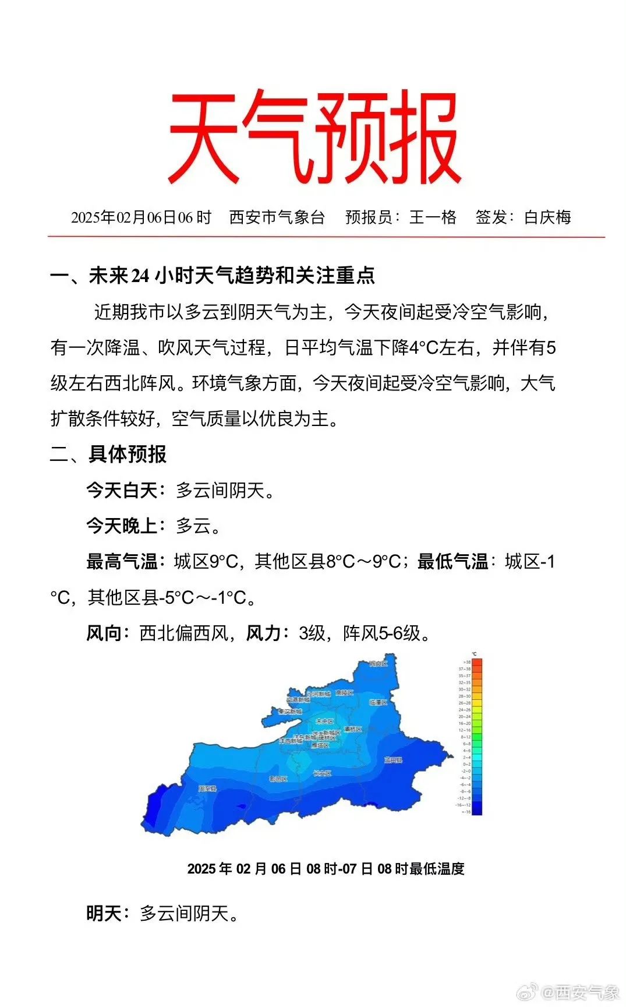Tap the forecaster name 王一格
pyautogui.click(x=433, y=217)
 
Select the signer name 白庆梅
pyautogui.click(x=547, y=217)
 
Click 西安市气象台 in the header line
pyautogui.click(x=277, y=217)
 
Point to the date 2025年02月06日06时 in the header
pyautogui.click(x=141, y=217)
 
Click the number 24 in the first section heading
pyautogui.click(x=140, y=276)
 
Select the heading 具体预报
pyautogui.click(x=128, y=454)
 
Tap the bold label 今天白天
pyautogui.click(x=122, y=490)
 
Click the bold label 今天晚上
pyautogui.click(x=122, y=526)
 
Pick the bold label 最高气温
pyautogui.click(x=122, y=561)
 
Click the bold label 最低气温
pyautogui.click(x=452, y=561)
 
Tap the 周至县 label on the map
pyautogui.click(x=207, y=788)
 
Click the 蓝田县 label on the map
pyautogui.click(x=393, y=760)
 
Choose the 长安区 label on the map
pyautogui.click(x=322, y=773)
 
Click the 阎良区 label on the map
pyautogui.click(x=378, y=664)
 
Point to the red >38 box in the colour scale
pyautogui.click(x=477, y=662)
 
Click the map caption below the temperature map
pyautogui.click(x=326, y=869)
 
